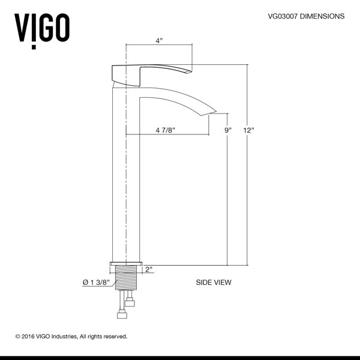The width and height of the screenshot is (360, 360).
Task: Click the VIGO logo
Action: point(42,31)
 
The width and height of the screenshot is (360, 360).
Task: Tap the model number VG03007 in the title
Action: point(283,16)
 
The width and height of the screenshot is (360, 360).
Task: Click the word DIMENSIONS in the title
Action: point(322,16)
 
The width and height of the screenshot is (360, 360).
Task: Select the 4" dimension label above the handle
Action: point(159,41)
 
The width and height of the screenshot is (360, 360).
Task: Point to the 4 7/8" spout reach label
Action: point(166,130)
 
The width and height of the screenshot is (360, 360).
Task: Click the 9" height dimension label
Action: point(228,130)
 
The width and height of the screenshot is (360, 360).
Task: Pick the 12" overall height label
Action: point(249,130)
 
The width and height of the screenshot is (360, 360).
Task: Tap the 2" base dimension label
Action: point(149,269)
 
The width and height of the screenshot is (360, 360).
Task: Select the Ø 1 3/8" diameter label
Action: point(96,282)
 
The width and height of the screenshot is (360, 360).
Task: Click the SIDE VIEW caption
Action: point(214,282)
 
